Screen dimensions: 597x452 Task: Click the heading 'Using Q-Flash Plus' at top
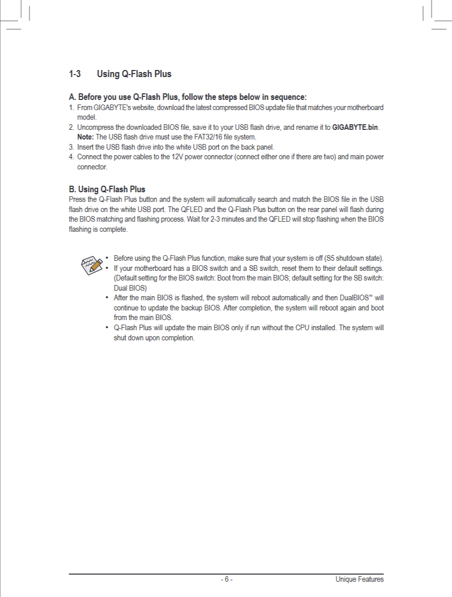click(x=134, y=74)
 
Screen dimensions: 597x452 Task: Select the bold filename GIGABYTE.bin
click(x=355, y=127)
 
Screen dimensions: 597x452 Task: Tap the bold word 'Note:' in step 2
click(x=86, y=137)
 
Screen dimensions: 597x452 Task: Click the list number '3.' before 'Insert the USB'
click(x=72, y=147)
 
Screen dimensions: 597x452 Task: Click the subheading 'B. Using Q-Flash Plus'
click(x=107, y=190)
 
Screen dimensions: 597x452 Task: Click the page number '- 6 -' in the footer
click(x=226, y=580)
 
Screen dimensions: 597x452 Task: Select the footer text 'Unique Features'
click(x=359, y=580)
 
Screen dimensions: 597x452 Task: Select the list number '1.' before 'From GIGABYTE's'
click(x=72, y=108)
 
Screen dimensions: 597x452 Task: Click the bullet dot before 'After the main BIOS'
click(x=107, y=298)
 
